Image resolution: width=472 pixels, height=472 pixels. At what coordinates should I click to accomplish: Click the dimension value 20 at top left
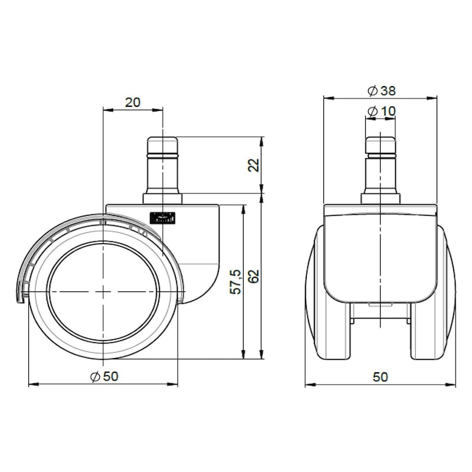coord(133,101)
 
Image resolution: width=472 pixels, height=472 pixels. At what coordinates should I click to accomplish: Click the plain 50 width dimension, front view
coord(381,377)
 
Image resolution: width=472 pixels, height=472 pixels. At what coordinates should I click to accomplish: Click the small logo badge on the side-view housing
coord(163,217)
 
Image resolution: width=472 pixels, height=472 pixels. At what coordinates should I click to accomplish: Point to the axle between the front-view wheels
coord(381,316)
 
